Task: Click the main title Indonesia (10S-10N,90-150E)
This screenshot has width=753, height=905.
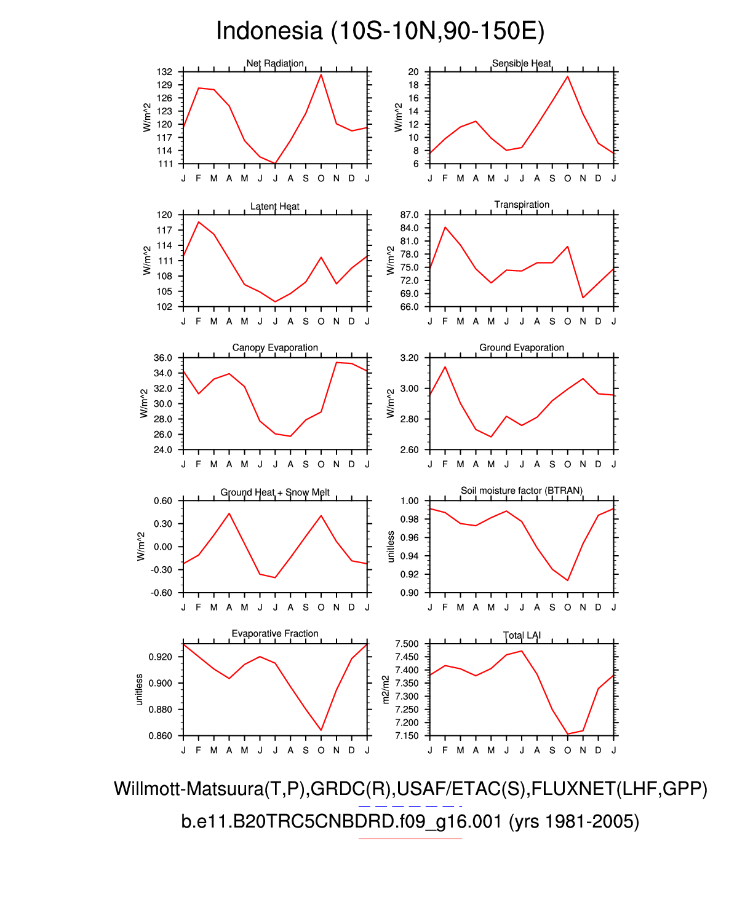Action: click(x=380, y=31)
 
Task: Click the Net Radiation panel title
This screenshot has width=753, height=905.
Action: click(x=275, y=63)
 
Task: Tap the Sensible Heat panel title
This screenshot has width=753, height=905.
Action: click(x=522, y=63)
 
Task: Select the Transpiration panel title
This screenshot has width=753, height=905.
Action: click(x=522, y=205)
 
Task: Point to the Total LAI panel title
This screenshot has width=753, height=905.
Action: click(x=522, y=635)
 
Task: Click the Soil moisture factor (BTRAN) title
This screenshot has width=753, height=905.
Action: click(x=522, y=491)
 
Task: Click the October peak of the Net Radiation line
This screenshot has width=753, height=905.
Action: click(x=321, y=74)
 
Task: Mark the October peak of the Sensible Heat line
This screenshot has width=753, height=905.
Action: click(x=567, y=76)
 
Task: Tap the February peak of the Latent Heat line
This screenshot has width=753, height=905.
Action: click(x=199, y=222)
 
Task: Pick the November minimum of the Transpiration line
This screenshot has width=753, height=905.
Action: click(x=583, y=298)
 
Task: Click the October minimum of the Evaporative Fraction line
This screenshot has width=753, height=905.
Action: click(x=321, y=730)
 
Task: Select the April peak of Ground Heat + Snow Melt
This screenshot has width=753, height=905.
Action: click(x=229, y=513)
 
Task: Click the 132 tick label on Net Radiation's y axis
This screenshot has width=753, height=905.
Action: click(x=165, y=72)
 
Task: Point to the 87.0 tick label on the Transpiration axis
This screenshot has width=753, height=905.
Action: click(x=409, y=215)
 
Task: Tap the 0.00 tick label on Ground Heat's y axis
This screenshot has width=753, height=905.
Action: click(x=163, y=547)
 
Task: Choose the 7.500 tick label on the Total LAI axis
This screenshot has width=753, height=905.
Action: click(x=407, y=644)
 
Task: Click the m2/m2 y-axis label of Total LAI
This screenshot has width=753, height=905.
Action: click(x=386, y=689)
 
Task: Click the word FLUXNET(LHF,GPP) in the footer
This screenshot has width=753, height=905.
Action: click(x=619, y=789)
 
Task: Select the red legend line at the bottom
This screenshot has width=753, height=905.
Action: click(x=410, y=838)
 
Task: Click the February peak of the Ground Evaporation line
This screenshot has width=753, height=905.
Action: click(x=445, y=367)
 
